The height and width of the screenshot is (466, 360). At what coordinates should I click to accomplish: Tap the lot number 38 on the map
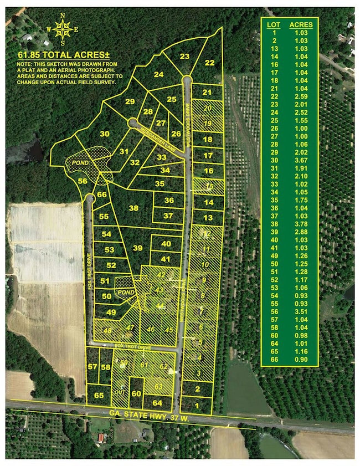133,208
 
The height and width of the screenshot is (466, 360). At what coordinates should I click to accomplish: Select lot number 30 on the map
105,134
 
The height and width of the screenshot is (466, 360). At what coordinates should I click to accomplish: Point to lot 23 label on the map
184,56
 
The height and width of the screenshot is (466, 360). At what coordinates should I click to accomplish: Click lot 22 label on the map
209,63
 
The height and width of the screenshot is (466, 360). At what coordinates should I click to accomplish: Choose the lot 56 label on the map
83,181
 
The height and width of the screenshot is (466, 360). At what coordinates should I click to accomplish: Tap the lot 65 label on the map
99,395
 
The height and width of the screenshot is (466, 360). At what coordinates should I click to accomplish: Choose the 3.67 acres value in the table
301,160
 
